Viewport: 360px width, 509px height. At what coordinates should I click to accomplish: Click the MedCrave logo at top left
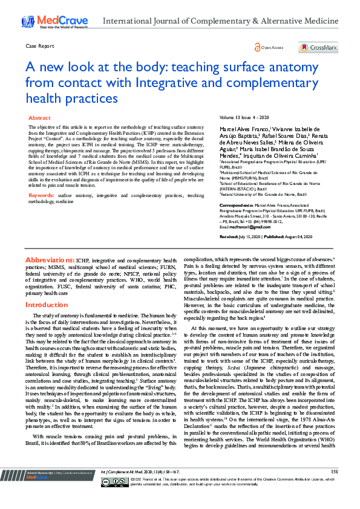(x=54, y=21)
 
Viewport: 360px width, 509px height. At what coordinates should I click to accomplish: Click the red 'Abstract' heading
(x=40, y=118)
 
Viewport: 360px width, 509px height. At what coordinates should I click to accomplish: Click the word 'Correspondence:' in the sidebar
(x=235, y=206)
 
